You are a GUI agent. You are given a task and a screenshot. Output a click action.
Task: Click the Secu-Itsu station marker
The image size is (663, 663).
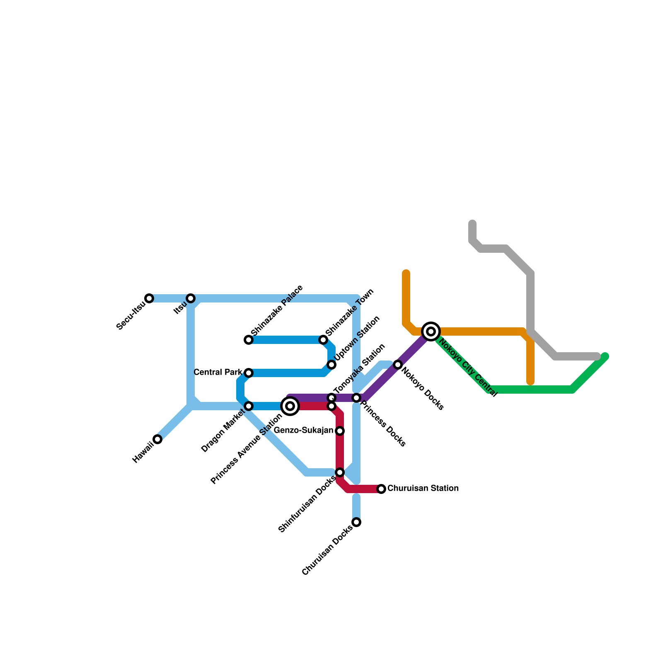coord(149,298)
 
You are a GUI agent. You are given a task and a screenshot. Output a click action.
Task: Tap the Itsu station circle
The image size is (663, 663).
coord(191,298)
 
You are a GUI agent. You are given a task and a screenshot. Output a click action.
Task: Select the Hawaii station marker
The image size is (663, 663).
coord(157,439)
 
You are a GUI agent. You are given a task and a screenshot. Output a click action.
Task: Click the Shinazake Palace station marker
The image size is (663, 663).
coord(249,340)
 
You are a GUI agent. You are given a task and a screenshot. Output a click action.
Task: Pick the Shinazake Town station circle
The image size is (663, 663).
coord(323,340)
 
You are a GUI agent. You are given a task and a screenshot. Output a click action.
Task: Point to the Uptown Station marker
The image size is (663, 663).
coord(331,365)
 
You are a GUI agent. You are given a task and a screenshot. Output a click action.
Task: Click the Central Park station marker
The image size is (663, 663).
coord(249,373)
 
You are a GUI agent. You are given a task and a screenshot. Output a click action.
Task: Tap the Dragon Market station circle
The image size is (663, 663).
coord(249,406)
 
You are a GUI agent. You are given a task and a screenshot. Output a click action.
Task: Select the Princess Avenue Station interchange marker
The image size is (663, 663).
coord(290,406)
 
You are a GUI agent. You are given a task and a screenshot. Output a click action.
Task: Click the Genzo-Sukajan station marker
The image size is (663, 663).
coord(340,431)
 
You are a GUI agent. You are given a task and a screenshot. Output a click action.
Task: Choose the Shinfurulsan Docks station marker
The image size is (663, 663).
coord(340,472)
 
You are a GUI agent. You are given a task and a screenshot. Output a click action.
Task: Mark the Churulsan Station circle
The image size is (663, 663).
coord(381,489)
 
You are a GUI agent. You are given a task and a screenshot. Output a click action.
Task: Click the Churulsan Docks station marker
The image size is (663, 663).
coord(356,522)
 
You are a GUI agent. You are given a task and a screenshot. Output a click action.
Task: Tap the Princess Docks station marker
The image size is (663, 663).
coord(356,398)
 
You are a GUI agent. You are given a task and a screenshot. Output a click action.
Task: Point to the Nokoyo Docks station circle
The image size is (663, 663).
coord(398,365)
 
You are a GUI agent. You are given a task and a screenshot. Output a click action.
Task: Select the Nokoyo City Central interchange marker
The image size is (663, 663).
coord(431,331)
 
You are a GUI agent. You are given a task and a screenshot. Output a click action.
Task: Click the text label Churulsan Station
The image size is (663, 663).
coord(423,489)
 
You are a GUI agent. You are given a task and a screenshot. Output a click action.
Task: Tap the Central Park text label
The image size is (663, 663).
coord(218,373)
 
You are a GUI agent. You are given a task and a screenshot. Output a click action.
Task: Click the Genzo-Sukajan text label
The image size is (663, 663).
coord(304,431)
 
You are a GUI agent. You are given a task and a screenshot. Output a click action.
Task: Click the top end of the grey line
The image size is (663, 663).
coord(472,224)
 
